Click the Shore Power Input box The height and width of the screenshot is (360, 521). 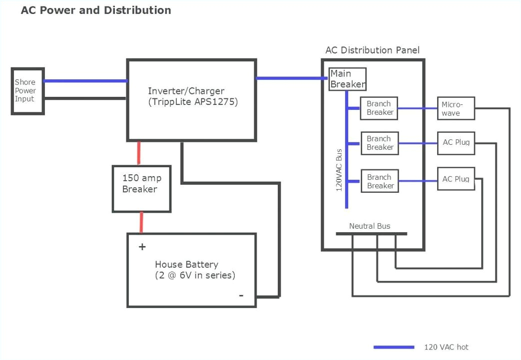[x=27, y=91]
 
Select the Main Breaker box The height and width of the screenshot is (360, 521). [x=347, y=79]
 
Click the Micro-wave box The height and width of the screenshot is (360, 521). [x=456, y=108]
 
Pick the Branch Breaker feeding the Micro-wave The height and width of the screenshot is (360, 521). [x=379, y=108]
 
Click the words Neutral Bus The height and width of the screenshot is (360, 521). [x=370, y=226]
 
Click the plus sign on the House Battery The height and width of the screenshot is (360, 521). [x=142, y=247]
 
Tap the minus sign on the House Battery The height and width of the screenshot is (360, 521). [x=241, y=295]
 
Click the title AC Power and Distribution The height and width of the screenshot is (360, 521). [x=96, y=10]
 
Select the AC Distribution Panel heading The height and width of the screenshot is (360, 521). [x=372, y=50]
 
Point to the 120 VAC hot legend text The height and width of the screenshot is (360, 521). [x=446, y=347]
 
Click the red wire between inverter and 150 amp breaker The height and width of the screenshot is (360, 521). [x=139, y=153]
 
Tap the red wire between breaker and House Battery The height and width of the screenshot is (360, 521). [x=141, y=222]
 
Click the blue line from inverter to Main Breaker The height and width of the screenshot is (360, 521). [x=290, y=78]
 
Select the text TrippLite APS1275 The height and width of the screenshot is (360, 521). [x=193, y=102]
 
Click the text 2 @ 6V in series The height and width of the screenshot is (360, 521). [x=195, y=275]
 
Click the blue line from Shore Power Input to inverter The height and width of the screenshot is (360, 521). [x=85, y=81]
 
